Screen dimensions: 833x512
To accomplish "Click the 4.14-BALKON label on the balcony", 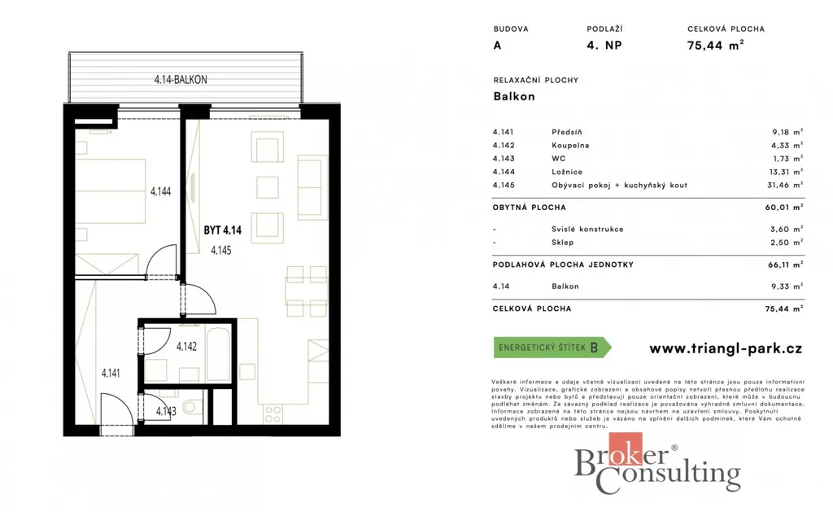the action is coord(181,80).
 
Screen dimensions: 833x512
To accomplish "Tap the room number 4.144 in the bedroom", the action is coord(160,191).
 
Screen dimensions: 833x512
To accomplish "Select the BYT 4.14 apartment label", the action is coord(223,230).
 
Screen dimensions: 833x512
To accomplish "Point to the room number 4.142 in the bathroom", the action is coord(186,347).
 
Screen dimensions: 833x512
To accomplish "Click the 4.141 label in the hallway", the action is coord(111,374).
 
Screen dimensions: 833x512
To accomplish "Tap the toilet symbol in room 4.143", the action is coord(191,408).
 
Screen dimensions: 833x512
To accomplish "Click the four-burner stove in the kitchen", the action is coord(273,414).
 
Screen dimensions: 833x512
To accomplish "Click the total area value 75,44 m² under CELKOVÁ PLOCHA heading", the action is coord(715,46).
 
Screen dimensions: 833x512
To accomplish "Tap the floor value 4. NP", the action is coord(604,46).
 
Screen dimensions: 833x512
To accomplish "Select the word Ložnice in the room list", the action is coord(567,172).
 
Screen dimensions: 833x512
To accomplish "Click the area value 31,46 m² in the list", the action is coord(784,185).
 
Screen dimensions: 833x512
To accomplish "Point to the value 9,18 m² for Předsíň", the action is coord(787,132).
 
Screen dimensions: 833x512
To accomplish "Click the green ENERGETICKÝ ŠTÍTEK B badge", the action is coord(552,348).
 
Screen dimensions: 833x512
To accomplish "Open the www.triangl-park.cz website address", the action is coord(726,348).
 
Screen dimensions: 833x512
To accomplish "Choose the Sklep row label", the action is coord(563,243).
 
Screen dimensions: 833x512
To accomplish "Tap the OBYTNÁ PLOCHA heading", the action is coord(529,208).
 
